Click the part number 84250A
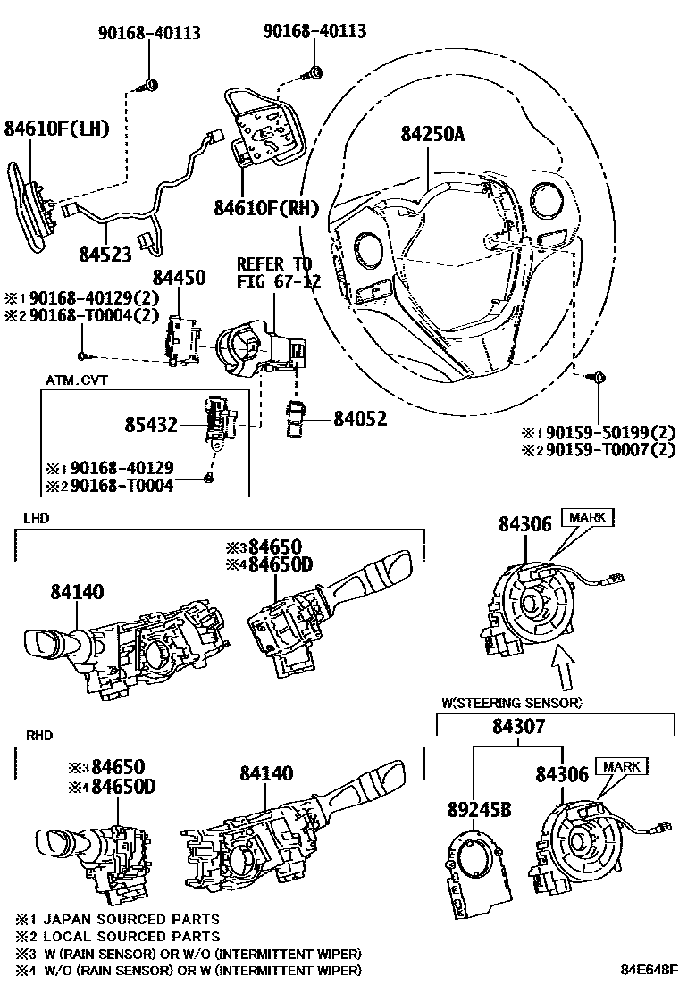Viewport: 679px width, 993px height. point(432,134)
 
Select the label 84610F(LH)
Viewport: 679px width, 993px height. point(56,129)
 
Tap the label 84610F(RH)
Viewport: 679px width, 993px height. point(266,208)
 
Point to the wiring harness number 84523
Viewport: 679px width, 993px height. point(105,254)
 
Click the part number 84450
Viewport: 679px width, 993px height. point(180,278)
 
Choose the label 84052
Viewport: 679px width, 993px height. point(360,419)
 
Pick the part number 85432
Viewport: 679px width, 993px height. point(151,424)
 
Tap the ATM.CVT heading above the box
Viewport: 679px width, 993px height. point(76,380)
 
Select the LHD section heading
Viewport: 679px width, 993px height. point(36,519)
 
